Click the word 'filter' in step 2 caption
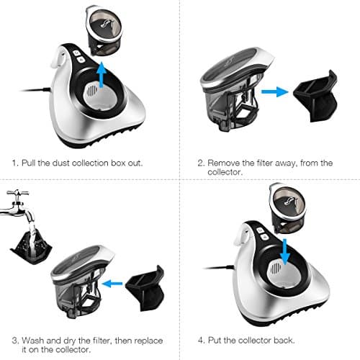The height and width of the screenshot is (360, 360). [268, 163]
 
